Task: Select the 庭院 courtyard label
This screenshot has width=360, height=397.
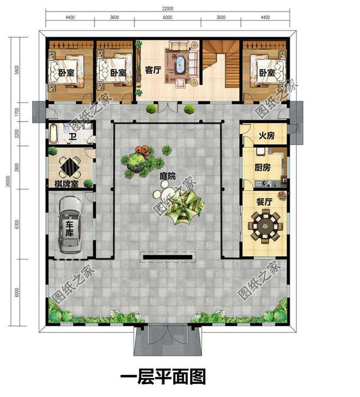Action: coord(167,176)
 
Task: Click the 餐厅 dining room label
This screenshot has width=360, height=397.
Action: coord(264,200)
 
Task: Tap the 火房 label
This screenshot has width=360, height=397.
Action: coord(266,136)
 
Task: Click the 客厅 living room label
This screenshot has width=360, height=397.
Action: coord(154,71)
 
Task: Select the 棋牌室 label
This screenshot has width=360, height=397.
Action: coord(66,184)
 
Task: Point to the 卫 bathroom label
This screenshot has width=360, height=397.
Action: coord(73,136)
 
